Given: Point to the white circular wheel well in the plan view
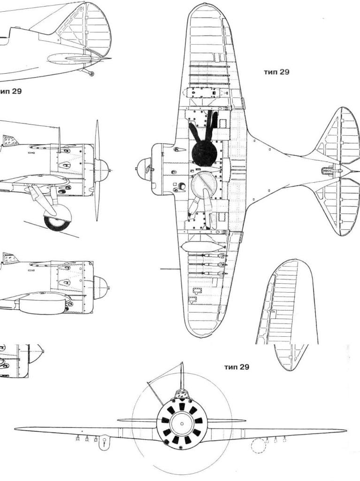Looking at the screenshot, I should click(205, 185).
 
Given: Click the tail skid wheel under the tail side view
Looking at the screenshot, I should click(91, 74).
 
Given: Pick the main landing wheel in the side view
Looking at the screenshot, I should click(57, 217).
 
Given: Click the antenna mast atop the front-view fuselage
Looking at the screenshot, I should click(182, 376).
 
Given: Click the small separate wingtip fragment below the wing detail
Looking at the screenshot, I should click(289, 357).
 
